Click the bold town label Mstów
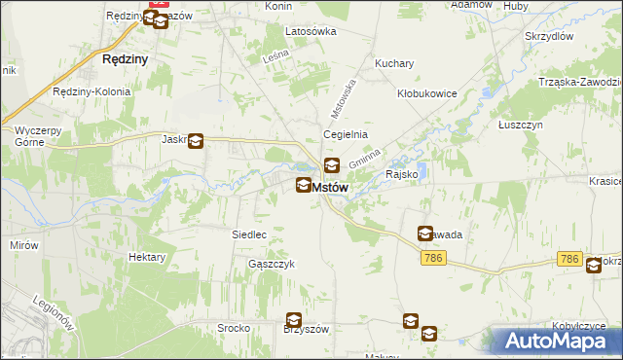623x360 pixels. click(x=328, y=188)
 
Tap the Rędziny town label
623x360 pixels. click(x=125, y=58)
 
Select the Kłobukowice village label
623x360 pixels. click(x=427, y=93)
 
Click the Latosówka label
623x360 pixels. click(x=311, y=31)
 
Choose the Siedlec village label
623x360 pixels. click(x=249, y=234)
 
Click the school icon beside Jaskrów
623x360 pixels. click(x=196, y=142)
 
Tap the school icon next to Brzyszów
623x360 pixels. click(x=293, y=320)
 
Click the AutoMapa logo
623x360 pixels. click(x=560, y=341)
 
